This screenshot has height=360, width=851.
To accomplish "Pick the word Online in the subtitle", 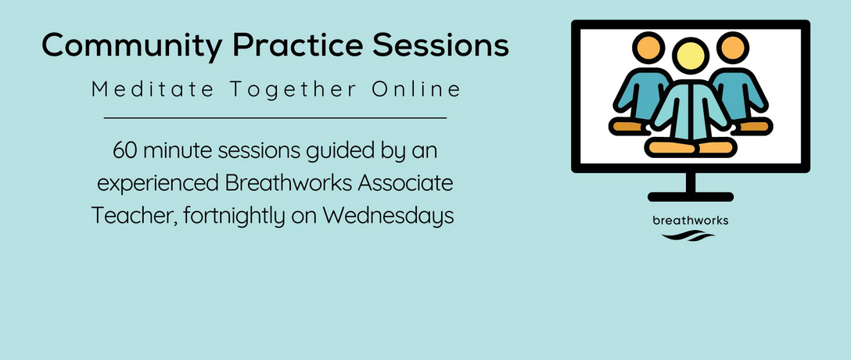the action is tap(416, 89).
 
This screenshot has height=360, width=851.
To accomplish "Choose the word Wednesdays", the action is tap(389, 216).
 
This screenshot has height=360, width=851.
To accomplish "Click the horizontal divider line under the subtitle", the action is tap(275, 117).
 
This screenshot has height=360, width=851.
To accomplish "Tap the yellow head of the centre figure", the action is tap(691, 56).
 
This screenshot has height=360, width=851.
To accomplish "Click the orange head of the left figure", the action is tap(648, 49).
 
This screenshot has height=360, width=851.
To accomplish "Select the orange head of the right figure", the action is tap(733, 49).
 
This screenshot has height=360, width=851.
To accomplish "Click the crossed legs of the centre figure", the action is tap(691, 146).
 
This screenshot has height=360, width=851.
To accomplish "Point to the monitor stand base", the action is tap(691, 196).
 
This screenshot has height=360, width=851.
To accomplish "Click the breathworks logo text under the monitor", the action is tap(691, 221).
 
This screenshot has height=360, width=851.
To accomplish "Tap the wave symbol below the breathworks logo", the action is tap(688, 236).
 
